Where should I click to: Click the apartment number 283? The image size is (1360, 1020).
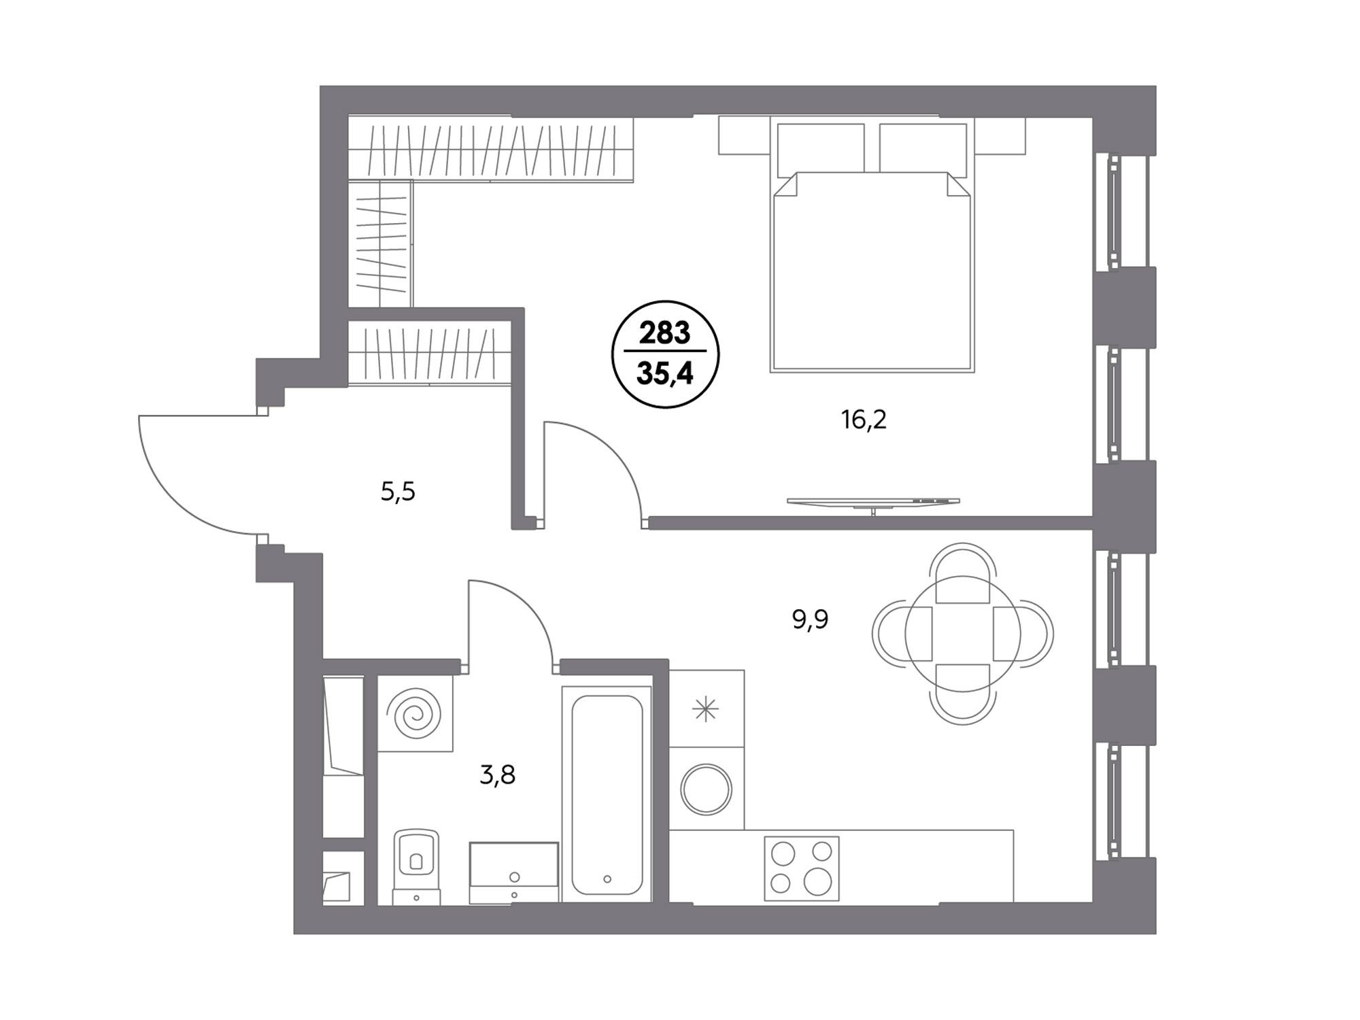click(664, 333)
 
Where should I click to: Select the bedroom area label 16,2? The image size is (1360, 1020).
click(864, 420)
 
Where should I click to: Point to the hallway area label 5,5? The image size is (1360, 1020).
click(398, 491)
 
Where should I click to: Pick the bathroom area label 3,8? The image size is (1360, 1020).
click(497, 775)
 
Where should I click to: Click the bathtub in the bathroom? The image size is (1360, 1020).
click(607, 794)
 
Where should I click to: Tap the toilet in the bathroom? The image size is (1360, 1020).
click(416, 866)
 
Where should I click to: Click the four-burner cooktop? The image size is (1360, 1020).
click(801, 868)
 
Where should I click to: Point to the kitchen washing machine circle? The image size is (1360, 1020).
click(707, 789)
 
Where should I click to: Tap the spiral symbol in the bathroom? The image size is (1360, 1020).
click(414, 714)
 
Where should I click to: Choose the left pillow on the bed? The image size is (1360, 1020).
click(821, 148)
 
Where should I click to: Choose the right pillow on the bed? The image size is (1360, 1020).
click(923, 148)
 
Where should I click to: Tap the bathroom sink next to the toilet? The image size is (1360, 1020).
click(514, 873)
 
